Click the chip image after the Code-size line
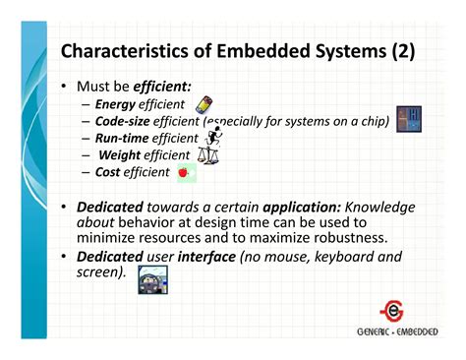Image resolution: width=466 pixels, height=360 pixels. [x=408, y=119]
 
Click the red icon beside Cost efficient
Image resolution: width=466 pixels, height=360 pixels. [x=184, y=172]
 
